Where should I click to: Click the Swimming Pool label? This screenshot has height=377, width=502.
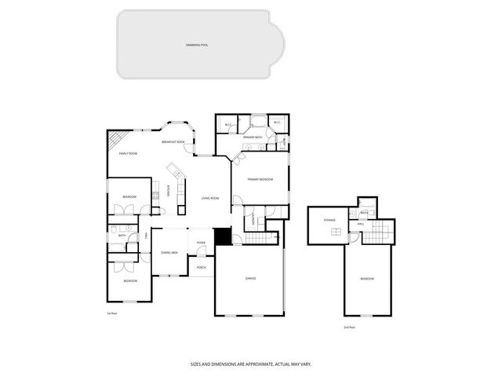click(197, 46)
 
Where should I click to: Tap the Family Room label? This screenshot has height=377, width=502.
click(128, 153)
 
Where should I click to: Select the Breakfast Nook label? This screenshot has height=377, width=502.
click(173, 141)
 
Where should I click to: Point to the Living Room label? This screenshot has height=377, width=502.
click(209, 198)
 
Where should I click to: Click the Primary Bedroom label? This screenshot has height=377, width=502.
click(260, 180)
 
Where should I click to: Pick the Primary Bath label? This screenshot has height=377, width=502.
click(252, 137)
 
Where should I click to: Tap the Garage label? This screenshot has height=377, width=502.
click(250, 278)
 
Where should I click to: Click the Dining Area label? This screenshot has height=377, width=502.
click(169, 252)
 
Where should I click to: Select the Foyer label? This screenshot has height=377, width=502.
click(202, 242)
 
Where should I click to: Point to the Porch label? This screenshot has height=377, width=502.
click(202, 267)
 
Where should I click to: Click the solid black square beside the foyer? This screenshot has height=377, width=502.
click(223, 236)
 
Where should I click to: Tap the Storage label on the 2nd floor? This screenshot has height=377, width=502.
click(329, 221)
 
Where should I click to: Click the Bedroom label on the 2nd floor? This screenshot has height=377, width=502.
click(367, 279)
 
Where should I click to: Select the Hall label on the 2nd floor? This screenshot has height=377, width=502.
click(361, 225)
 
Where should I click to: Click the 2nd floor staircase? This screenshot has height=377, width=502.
click(380, 232)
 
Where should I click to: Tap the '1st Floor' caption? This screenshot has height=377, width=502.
click(112, 313)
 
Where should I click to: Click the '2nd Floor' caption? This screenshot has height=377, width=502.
click(350, 327)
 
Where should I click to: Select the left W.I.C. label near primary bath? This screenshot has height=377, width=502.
click(227, 124)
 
